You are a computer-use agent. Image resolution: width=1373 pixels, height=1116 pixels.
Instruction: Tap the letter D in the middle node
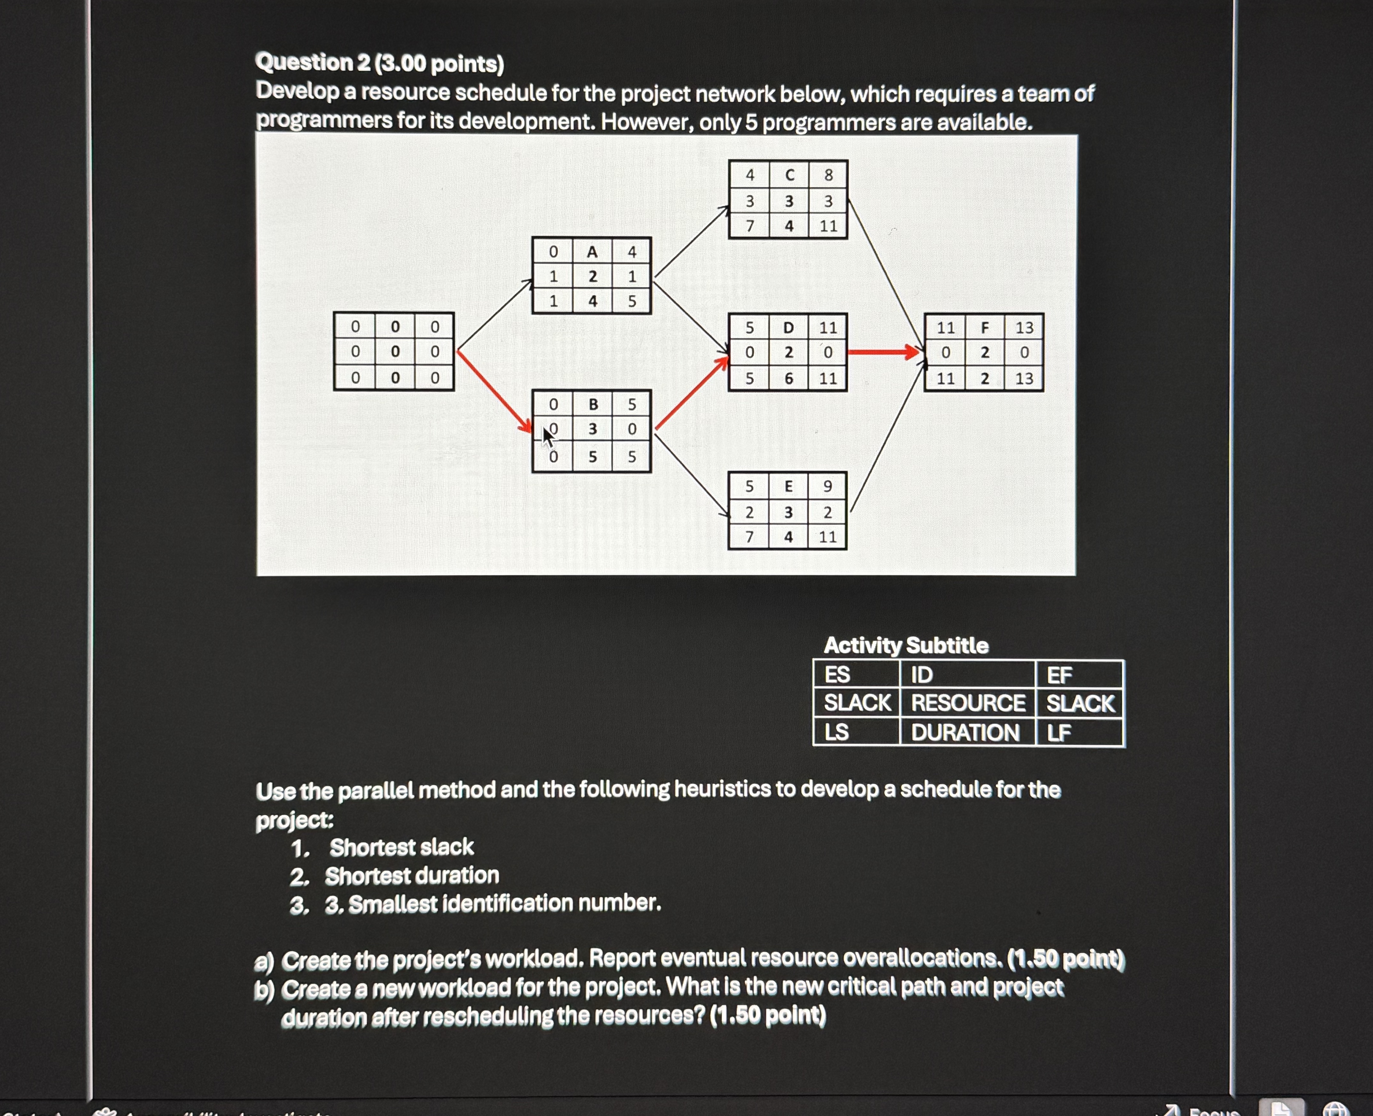[788, 327]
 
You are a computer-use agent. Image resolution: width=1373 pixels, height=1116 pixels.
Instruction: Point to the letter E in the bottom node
[788, 486]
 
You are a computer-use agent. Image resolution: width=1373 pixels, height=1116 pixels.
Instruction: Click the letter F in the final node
[984, 327]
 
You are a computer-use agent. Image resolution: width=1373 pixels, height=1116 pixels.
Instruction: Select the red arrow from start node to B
[494, 391]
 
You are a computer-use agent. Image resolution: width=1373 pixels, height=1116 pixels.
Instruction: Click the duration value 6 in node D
[788, 379]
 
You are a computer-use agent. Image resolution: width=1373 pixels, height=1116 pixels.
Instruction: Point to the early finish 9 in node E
[828, 486]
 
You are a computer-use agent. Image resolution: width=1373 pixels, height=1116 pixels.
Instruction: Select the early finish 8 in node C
[828, 175]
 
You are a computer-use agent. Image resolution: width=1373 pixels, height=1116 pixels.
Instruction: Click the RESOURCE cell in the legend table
[968, 703]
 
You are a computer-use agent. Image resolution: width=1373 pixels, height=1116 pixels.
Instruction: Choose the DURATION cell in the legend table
[965, 732]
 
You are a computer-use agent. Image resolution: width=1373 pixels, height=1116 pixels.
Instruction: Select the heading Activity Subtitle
[906, 645]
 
